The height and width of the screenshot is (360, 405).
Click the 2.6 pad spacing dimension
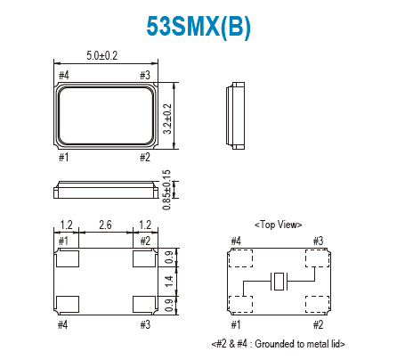click(x=105, y=226)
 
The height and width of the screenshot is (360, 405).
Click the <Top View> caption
click(x=279, y=225)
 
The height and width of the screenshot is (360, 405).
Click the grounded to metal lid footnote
click(x=278, y=343)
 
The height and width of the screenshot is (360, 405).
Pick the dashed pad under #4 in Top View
click(x=240, y=259)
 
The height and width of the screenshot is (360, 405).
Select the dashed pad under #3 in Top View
click(x=316, y=259)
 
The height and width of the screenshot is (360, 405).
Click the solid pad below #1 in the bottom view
click(x=66, y=259)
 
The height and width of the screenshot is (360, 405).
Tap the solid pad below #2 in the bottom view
click(x=142, y=259)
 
